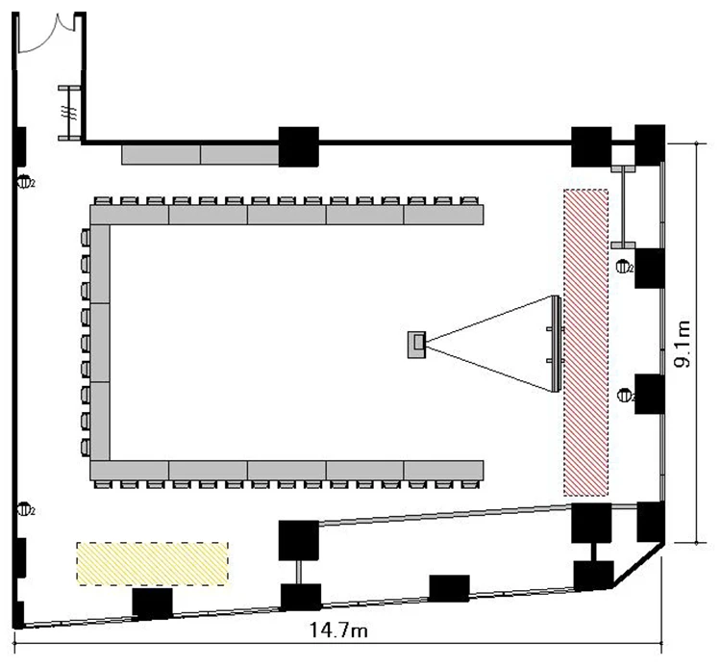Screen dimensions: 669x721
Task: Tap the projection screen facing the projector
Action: pyautogui.click(x=554, y=344)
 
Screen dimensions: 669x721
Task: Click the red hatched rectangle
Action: pyautogui.click(x=586, y=343)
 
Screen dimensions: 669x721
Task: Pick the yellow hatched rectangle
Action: pyautogui.click(x=153, y=563)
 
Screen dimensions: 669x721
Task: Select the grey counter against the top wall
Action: pyautogui.click(x=200, y=154)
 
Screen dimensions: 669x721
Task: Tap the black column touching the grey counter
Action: pyautogui.click(x=298, y=146)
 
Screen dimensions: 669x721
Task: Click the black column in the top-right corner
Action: pyautogui.click(x=651, y=144)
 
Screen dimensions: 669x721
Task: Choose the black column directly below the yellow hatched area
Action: pyautogui.click(x=152, y=604)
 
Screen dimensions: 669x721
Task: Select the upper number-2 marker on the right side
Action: pyautogui.click(x=624, y=266)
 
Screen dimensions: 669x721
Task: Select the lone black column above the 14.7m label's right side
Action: pyautogui.click(x=449, y=588)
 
